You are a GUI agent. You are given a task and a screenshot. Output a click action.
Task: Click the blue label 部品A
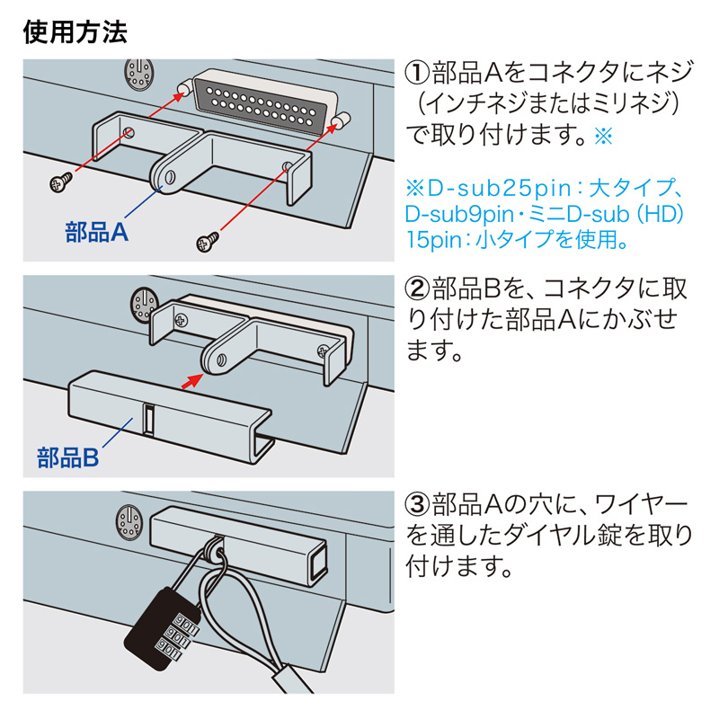[x=98, y=232]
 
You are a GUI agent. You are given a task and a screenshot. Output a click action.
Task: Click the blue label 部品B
[x=68, y=457]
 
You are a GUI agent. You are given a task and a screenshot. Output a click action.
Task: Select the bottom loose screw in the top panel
[x=208, y=240]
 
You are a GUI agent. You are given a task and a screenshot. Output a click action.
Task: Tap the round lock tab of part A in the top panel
[x=166, y=173]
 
